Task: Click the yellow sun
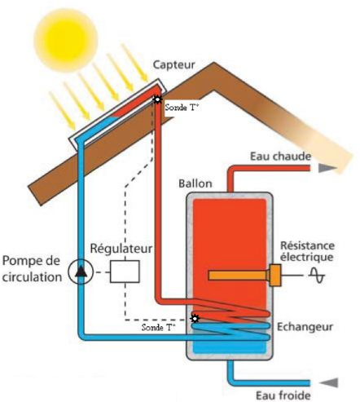pos(65,40)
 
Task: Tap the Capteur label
pos(174,65)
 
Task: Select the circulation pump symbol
pos(81,272)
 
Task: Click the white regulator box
pos(125,272)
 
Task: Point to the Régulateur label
pos(121,249)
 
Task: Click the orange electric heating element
pos(244,275)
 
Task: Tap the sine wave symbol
pos(317,275)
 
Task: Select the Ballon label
pos(195,183)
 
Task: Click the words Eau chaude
pos(280,157)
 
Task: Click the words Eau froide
pos(283,395)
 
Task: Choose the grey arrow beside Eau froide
pos(329,382)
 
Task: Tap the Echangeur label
pos(305,327)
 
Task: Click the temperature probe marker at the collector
pos(157,99)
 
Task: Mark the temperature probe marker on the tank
pos(195,318)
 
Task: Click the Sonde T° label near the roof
pos(182,108)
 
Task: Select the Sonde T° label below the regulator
pos(158,327)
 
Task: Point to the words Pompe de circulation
pos(32,269)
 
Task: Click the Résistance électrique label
pos(307,251)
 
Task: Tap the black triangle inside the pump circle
pos(81,272)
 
